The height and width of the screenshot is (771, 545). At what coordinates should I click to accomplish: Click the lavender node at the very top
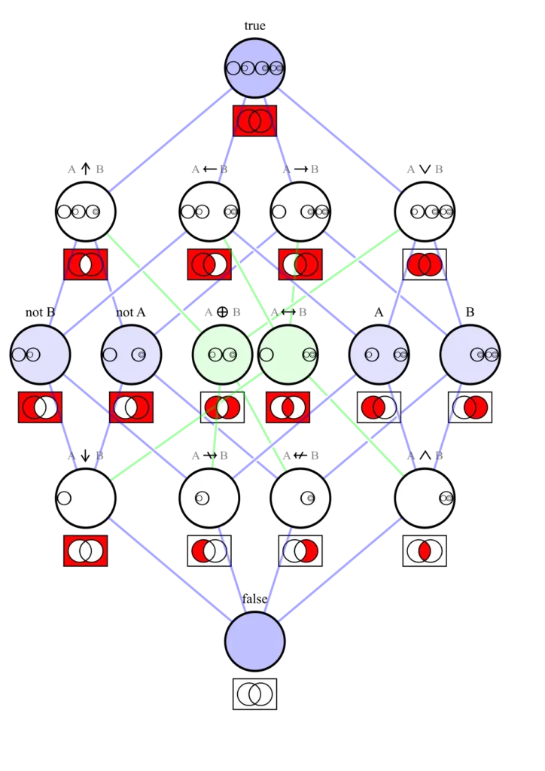[254, 68]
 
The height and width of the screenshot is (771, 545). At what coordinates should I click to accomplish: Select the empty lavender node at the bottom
[254, 641]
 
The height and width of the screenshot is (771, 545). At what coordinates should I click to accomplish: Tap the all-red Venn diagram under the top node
[254, 120]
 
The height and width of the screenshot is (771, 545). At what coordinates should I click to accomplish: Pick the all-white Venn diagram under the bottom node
[254, 693]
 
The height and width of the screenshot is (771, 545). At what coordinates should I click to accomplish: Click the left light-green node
[222, 354]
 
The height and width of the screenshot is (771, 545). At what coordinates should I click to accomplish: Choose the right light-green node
[288, 354]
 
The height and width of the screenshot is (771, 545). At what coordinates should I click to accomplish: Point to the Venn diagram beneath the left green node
[222, 407]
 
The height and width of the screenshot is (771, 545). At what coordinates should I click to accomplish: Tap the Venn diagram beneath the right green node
[288, 407]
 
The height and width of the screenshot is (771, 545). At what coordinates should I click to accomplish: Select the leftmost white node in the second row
[85, 212]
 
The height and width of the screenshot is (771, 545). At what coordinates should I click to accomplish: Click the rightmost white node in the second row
[425, 212]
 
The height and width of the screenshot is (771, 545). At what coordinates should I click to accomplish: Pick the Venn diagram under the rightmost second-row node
[425, 264]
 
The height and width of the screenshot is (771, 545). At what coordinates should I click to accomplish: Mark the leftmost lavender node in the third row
[40, 354]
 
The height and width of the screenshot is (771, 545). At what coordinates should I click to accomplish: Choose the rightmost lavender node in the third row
[470, 354]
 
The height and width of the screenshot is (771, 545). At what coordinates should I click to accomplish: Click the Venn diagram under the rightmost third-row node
[470, 407]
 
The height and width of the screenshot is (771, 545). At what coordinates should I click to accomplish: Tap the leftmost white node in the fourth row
[85, 498]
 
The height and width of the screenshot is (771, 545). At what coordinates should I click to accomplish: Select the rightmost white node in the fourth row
[425, 498]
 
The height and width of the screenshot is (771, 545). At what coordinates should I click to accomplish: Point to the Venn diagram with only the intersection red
[425, 551]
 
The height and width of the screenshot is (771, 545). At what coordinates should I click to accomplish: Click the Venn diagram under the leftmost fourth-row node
[85, 551]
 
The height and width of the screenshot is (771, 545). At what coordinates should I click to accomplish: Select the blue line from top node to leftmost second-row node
[169, 139]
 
